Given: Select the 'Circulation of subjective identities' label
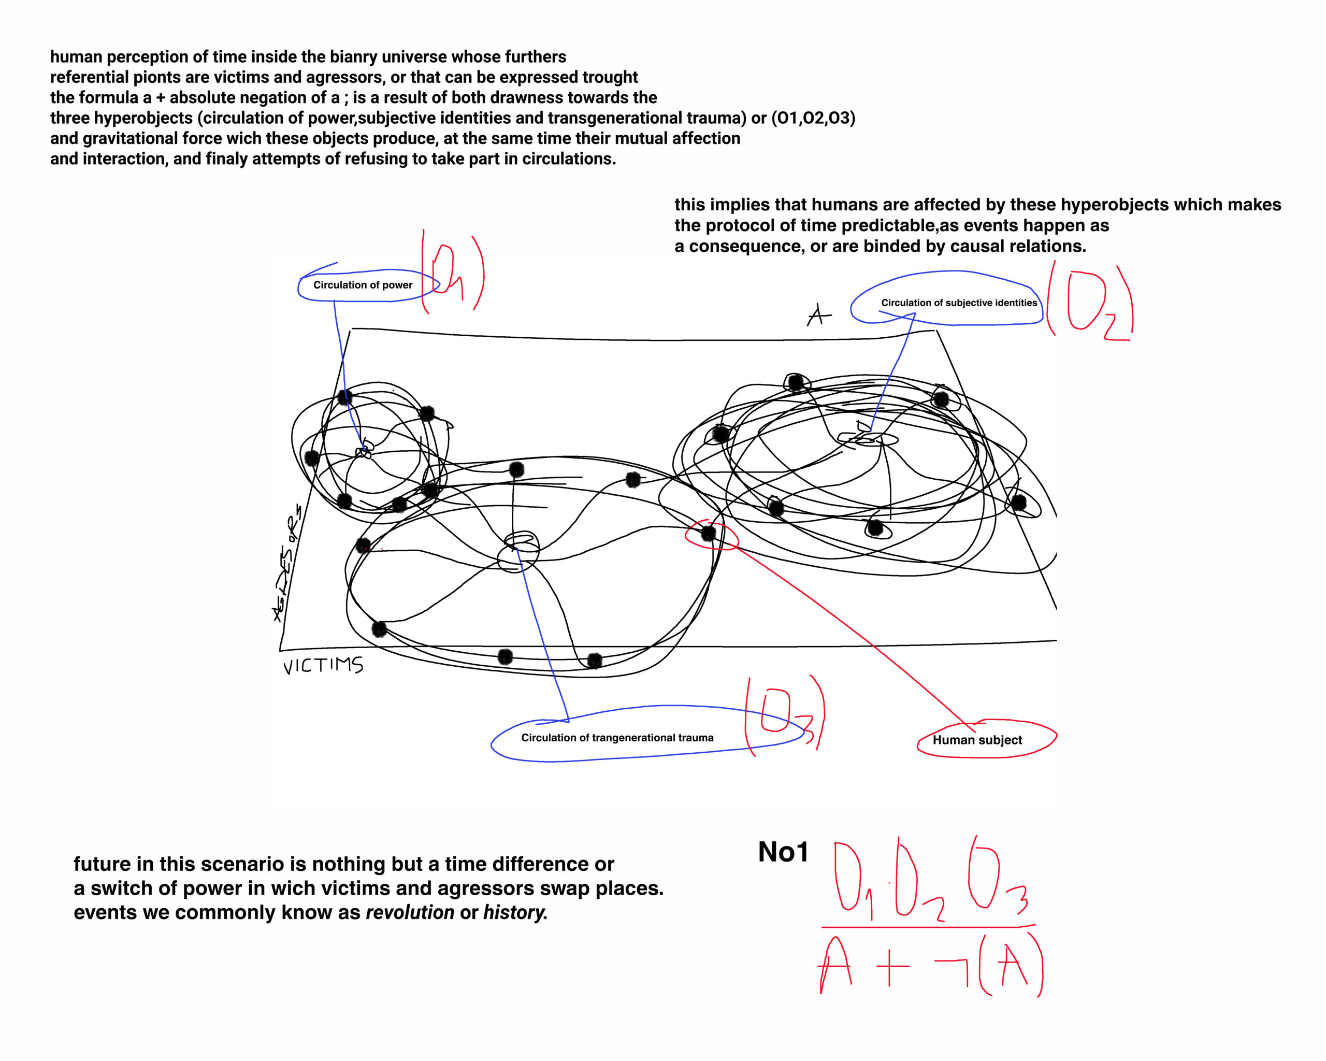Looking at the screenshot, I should [x=958, y=303].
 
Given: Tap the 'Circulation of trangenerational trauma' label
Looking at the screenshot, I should [x=617, y=738].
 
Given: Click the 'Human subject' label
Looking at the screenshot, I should [x=977, y=740].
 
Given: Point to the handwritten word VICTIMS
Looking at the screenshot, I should [x=323, y=666].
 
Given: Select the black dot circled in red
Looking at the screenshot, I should [x=709, y=533].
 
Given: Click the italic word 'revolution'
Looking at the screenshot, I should [x=410, y=912].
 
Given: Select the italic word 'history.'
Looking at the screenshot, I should [x=515, y=912].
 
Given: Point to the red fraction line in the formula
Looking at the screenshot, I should [x=928, y=926].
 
